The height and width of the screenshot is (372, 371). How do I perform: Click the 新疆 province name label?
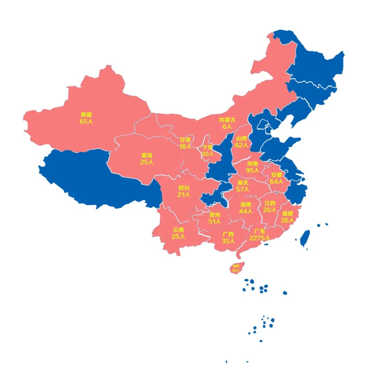(x=87, y=115)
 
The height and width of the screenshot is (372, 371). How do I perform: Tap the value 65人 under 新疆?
(x=87, y=121)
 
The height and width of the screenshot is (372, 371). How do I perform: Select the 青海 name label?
(x=147, y=155)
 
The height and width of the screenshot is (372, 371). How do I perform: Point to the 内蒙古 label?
(x=227, y=120)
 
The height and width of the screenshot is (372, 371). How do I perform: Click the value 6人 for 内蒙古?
(x=227, y=126)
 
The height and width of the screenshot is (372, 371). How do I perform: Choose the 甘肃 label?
(x=185, y=140)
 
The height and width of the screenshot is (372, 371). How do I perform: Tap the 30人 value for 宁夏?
(x=207, y=154)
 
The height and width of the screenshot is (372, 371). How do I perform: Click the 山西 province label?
(x=241, y=138)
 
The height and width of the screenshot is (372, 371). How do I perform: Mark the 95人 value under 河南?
(x=252, y=170)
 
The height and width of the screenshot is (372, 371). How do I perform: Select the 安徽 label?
(x=277, y=175)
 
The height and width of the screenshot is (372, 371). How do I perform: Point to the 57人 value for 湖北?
(x=243, y=189)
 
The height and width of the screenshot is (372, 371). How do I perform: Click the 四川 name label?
(x=184, y=188)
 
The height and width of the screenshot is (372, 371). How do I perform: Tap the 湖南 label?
(x=246, y=204)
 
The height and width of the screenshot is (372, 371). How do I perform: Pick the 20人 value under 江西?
(x=270, y=210)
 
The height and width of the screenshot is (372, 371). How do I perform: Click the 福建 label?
(x=288, y=213)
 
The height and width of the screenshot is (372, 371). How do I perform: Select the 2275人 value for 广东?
(x=260, y=238)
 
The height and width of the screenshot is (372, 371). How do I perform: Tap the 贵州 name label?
(x=215, y=215)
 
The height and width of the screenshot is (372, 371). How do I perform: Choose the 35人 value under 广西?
(x=228, y=241)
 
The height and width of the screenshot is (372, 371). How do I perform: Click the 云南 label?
(x=178, y=230)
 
